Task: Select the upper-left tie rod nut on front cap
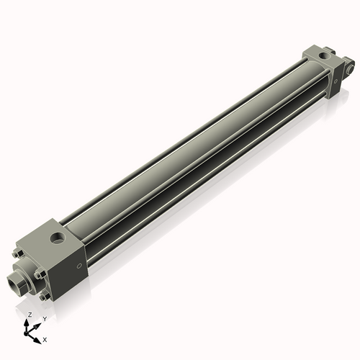tap(17, 253)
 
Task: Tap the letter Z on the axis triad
tap(30, 315)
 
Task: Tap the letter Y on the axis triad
tap(44, 318)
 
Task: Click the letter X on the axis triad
tap(45, 338)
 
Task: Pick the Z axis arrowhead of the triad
tap(28, 322)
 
